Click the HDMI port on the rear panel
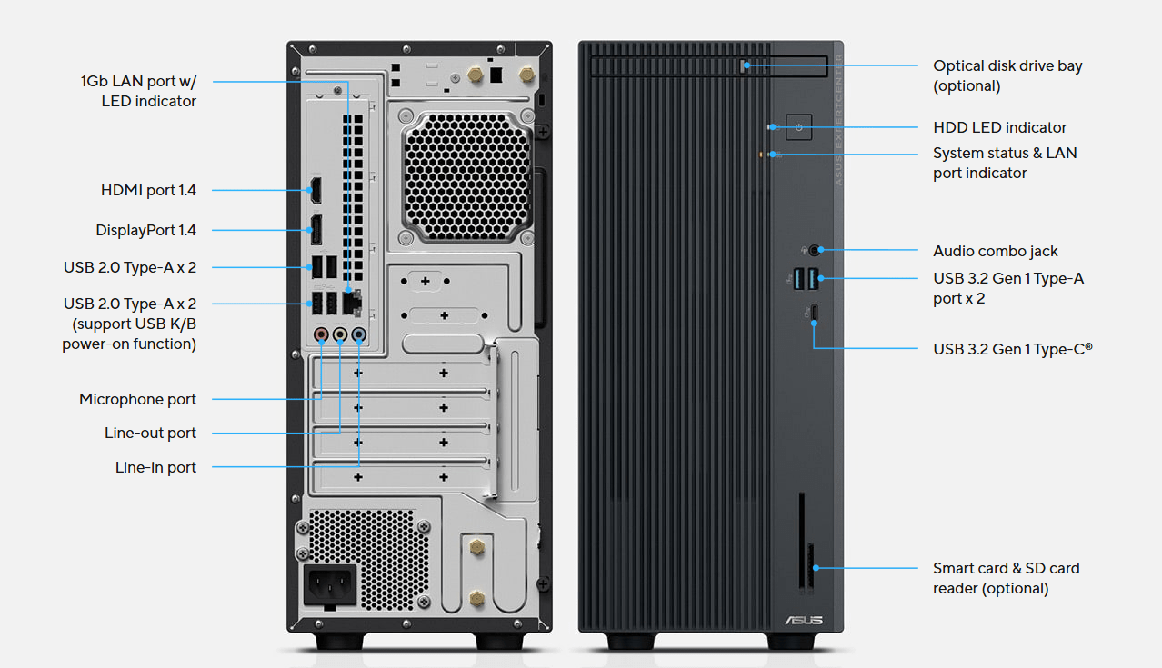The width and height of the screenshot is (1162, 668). [316, 190]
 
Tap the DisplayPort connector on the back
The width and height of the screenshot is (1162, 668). [316, 230]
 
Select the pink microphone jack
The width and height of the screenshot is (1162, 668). [322, 334]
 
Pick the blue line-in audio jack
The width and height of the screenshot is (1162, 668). [359, 334]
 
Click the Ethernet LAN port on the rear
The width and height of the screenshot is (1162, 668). [352, 303]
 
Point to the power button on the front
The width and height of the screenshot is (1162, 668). [799, 127]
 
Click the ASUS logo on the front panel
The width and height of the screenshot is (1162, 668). [804, 620]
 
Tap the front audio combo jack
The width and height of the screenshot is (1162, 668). [815, 251]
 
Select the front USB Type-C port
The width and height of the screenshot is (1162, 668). [815, 313]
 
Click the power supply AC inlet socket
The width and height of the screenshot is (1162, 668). [330, 585]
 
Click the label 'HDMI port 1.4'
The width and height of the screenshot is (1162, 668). [148, 190]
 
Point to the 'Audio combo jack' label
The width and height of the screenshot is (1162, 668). [995, 251]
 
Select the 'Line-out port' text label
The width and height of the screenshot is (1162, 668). [150, 433]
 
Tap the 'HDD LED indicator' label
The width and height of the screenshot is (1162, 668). [999, 127]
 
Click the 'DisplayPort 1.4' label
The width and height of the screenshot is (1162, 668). [145, 230]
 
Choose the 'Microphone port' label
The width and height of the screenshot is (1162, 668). [137, 399]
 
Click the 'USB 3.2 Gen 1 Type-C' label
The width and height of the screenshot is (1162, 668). [1013, 349]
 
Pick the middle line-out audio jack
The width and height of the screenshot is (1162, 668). [340, 334]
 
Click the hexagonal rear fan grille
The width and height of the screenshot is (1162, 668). [466, 176]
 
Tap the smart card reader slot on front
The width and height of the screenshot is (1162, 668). [801, 541]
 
